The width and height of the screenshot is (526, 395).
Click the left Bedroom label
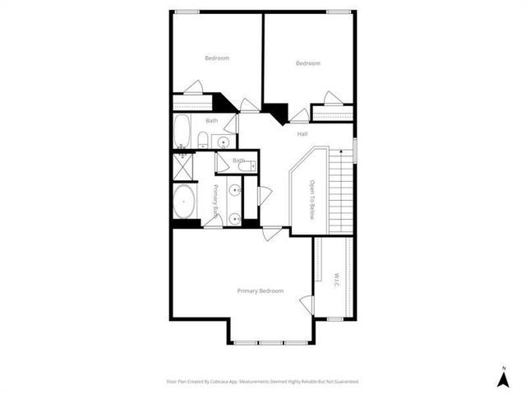(217, 58)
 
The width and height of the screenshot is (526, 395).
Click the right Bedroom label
(307, 63)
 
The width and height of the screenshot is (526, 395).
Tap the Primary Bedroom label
(261, 290)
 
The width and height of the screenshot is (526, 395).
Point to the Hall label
(302, 133)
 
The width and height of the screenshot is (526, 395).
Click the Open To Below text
(312, 200)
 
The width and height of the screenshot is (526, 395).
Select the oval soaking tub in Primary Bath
(184, 202)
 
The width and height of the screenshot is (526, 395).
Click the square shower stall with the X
(182, 166)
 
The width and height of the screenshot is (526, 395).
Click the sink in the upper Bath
(222, 142)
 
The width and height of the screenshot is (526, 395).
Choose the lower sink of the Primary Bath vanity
(235, 219)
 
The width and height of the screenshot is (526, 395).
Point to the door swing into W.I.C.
(307, 305)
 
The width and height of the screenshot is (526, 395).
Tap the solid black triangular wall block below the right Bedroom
(278, 111)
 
